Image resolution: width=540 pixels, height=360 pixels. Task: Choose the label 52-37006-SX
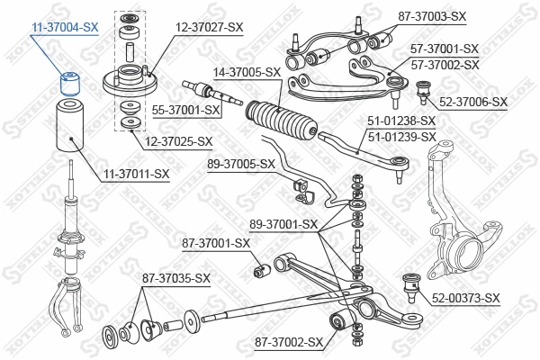[474, 103]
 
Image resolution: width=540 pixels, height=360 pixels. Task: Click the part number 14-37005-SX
[248, 71]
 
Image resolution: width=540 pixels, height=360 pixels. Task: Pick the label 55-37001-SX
[186, 110]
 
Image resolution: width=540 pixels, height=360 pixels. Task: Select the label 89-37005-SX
[241, 164]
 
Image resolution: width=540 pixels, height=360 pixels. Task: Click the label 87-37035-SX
[175, 278]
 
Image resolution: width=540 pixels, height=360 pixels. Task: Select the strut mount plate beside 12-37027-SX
[129, 82]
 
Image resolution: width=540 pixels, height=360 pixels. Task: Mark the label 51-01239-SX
[401, 137]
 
